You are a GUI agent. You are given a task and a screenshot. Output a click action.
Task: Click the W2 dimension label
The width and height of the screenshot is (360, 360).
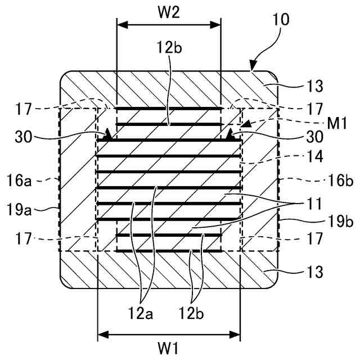[168, 13]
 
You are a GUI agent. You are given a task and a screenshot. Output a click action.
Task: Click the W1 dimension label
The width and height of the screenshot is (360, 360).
[169, 347]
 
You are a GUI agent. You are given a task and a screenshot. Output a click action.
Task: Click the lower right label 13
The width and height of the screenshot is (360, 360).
[314, 272]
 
